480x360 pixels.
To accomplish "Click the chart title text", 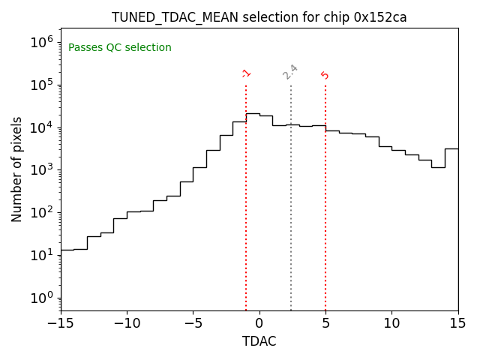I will pos(259,17).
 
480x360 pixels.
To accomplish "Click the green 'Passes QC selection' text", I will pos(120,48).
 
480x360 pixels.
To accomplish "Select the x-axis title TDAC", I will pos(259,341).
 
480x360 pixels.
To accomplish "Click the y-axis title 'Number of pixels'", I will pos(17,169).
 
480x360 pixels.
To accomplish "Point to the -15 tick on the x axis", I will pos(61,322).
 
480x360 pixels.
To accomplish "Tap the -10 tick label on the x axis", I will pos(127,322).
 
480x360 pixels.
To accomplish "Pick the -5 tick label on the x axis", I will pos(193,322).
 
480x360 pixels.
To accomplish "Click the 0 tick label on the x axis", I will pos(259,322).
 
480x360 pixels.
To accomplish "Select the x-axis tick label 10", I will pos(391,322).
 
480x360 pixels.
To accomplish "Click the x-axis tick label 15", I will pos(457,322).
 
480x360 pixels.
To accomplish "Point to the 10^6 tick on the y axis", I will pos(42,42).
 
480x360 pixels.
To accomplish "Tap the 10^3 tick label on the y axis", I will pos(42,169).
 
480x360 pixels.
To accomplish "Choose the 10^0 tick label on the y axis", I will pos(42,298).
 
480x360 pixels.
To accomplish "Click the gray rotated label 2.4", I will pos(290,72).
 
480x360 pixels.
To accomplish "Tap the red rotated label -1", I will pos(246,73).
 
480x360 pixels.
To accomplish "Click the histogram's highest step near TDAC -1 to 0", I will pos(253,113).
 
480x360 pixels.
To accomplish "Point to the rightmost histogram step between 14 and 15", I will pos(451,148).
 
